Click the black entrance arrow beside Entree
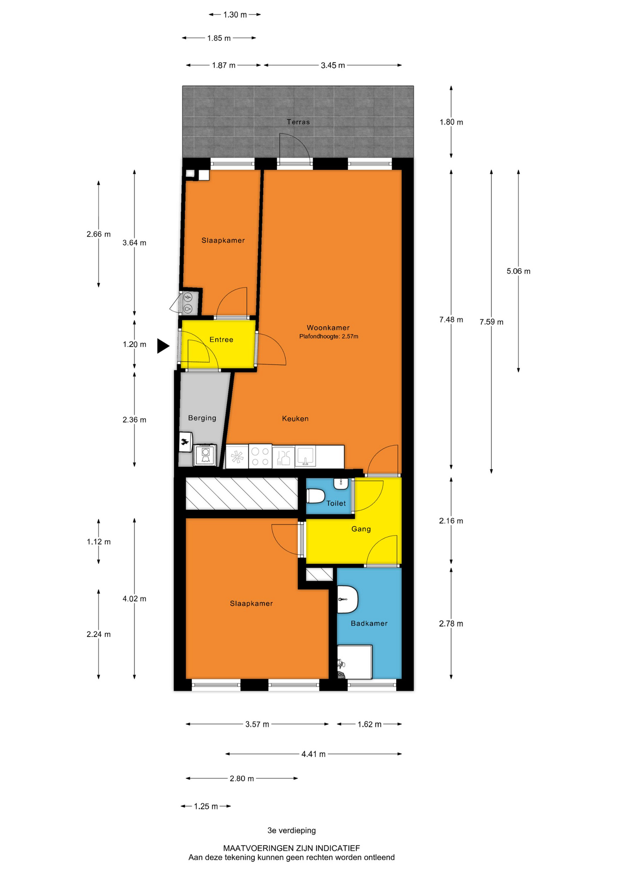(x=163, y=346)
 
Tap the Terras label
(x=298, y=122)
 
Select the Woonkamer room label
(x=328, y=327)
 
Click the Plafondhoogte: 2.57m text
(x=328, y=336)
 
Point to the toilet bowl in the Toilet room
(x=315, y=496)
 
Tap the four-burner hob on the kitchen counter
(x=260, y=457)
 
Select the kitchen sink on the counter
(x=306, y=457)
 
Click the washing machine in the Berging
(x=205, y=455)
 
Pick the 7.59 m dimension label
(x=491, y=322)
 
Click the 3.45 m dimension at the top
(x=333, y=65)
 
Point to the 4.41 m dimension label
(x=313, y=754)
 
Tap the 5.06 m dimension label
(x=518, y=271)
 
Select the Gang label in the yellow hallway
(x=361, y=529)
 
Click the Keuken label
(x=295, y=418)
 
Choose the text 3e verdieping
(x=292, y=830)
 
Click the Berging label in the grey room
(x=202, y=418)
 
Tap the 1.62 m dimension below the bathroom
(x=369, y=724)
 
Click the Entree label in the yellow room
(x=221, y=340)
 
